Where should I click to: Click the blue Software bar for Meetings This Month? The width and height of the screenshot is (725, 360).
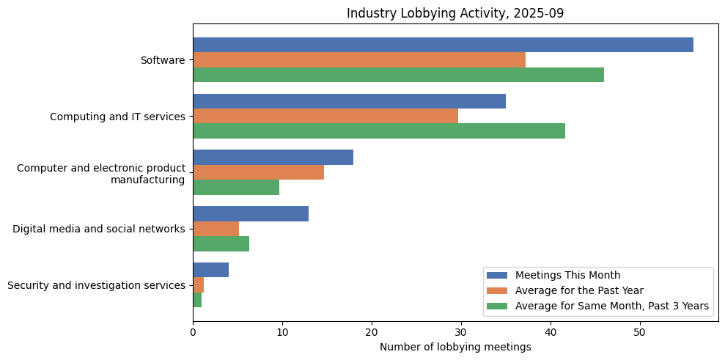click(443, 45)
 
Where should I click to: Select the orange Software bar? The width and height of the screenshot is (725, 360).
click(359, 60)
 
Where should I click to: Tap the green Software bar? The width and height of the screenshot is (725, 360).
click(398, 75)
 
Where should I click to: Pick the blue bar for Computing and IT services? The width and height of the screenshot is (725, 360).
click(349, 101)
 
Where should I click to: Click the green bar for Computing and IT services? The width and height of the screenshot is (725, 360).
click(379, 131)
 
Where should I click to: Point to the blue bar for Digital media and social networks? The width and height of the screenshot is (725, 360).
click(251, 213)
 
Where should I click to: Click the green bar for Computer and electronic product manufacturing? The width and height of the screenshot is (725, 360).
click(236, 188)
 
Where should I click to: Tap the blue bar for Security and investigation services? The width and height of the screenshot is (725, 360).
click(210, 270)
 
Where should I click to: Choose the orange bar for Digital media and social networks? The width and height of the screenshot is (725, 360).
click(216, 229)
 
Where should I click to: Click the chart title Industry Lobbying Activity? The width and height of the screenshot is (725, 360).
click(455, 13)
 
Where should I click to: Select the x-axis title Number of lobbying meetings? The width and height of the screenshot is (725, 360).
click(455, 347)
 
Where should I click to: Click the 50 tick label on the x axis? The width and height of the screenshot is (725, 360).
click(640, 331)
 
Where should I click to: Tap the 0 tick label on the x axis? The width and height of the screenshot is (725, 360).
click(193, 331)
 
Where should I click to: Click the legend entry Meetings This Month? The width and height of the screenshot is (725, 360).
click(567, 275)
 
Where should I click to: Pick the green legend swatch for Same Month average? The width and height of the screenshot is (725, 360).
click(497, 306)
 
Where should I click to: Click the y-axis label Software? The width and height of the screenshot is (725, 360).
click(162, 60)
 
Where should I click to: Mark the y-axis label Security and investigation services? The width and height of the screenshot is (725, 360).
click(96, 285)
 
